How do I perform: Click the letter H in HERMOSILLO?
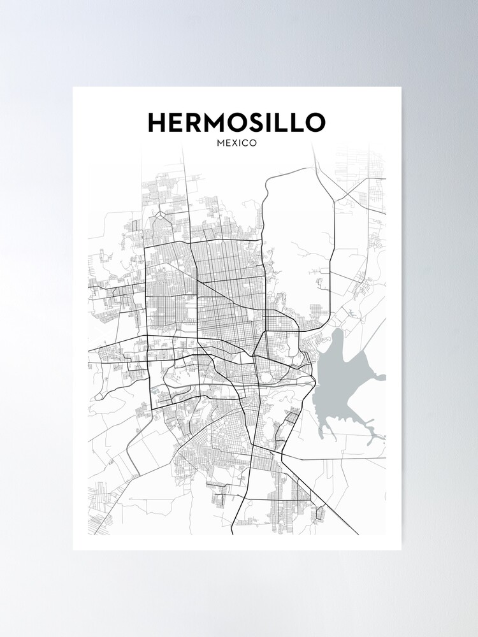pos(158,123)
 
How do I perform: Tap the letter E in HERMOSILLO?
pos(180,123)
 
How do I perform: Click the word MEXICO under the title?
pos(237,143)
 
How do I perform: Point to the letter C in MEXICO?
pos(244,143)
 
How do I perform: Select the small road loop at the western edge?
pos(98,396)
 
